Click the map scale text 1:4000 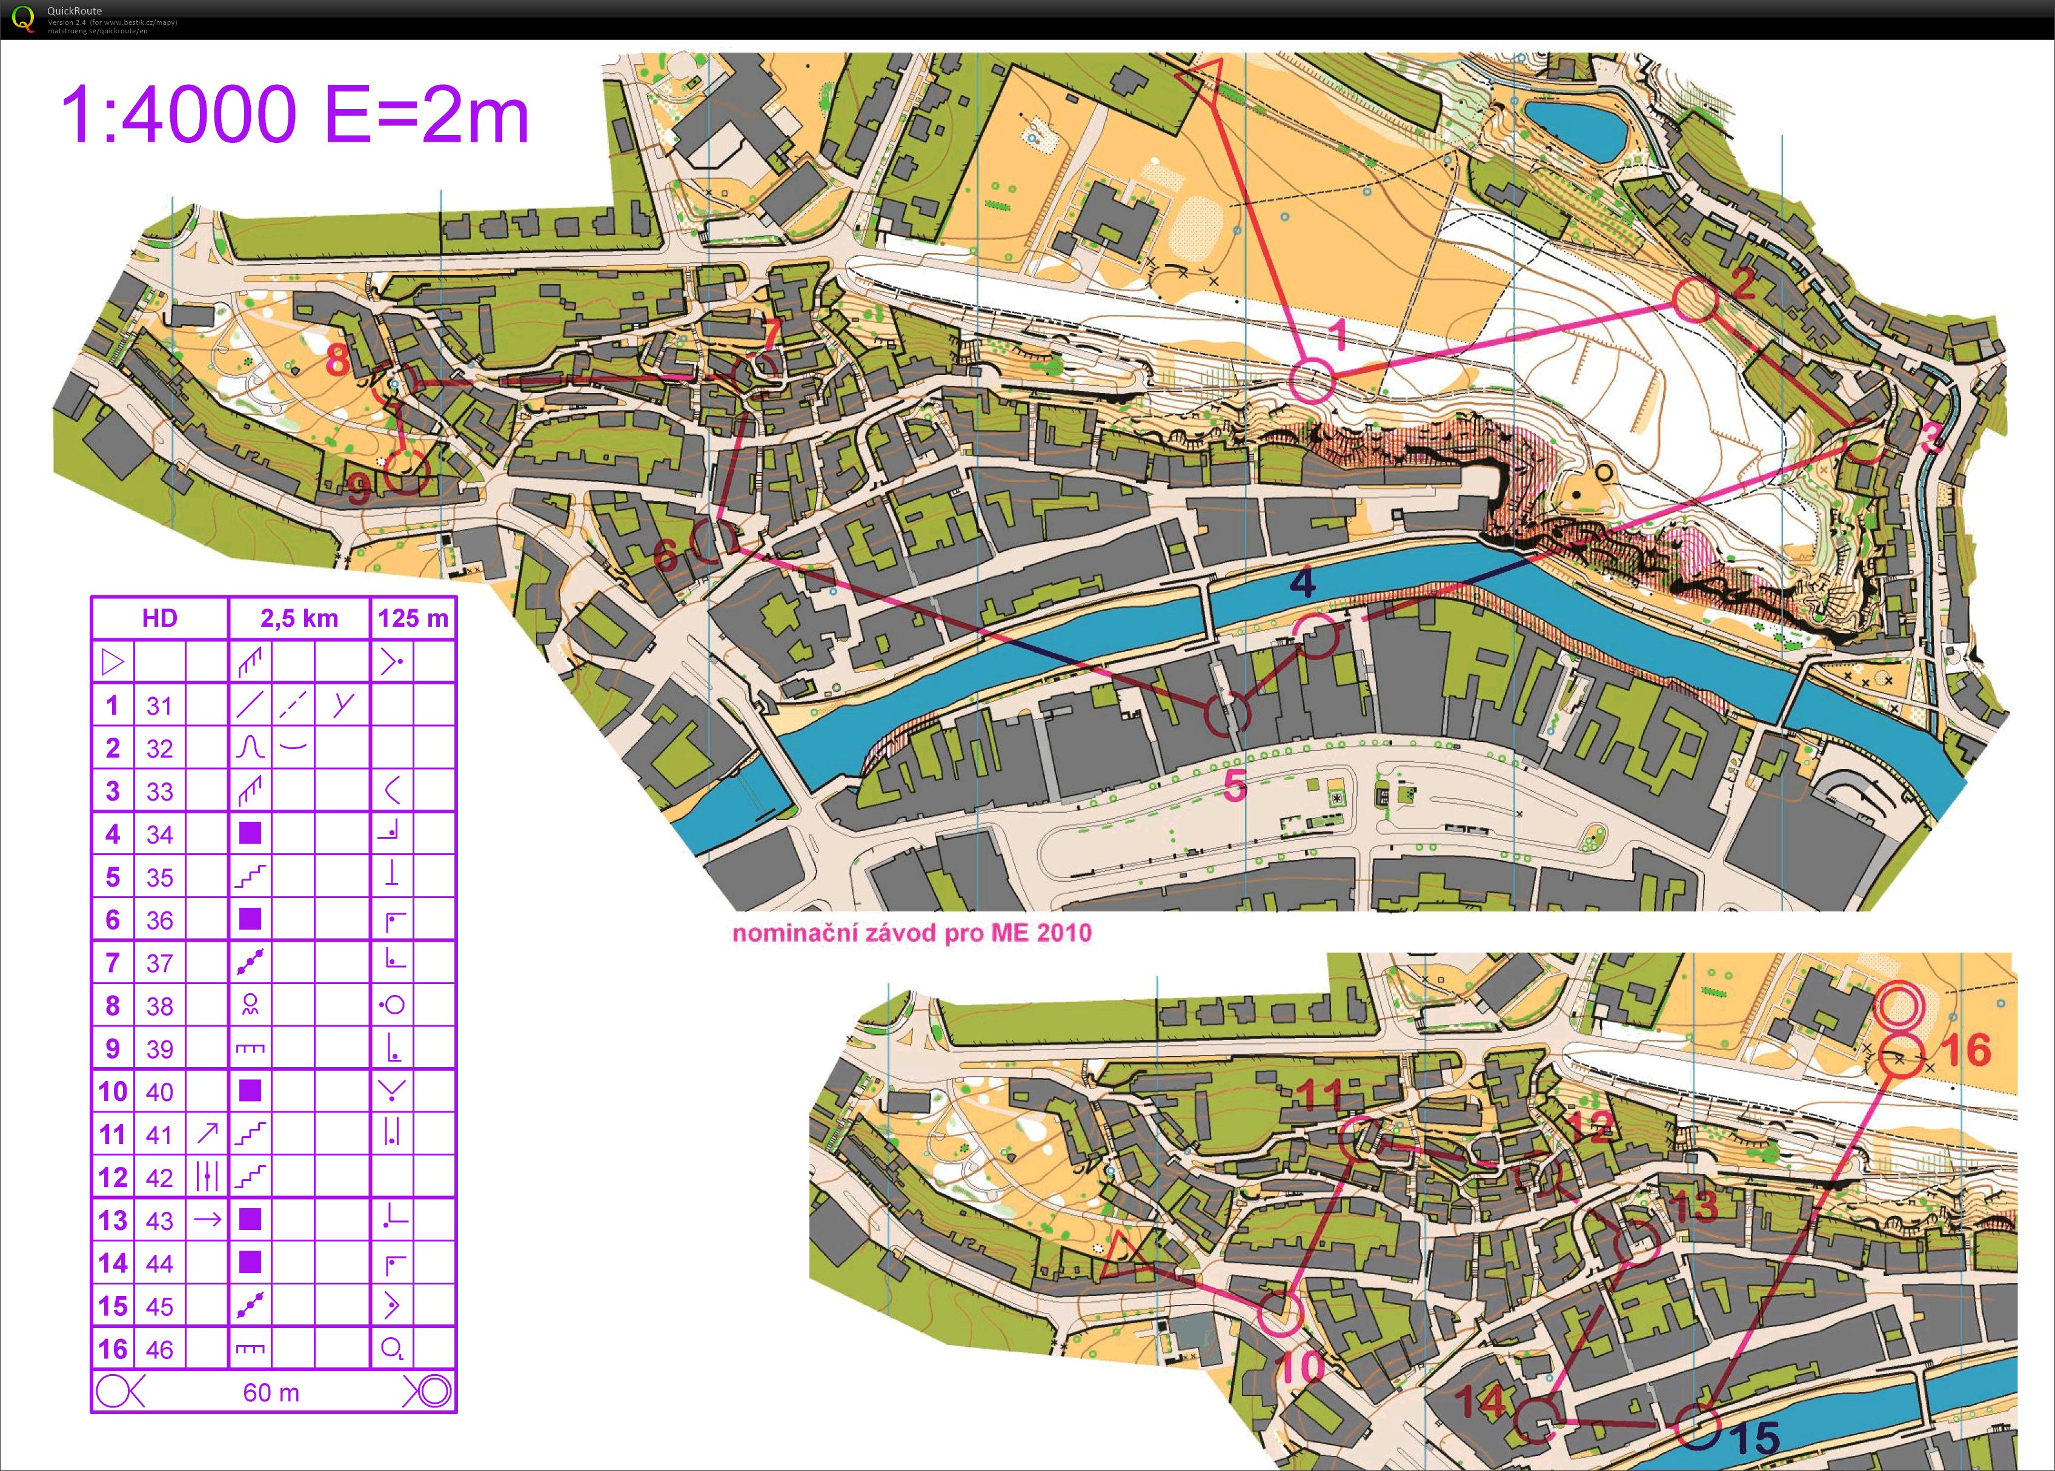[x=179, y=115]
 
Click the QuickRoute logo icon [x=22, y=18]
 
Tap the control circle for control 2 [x=1695, y=300]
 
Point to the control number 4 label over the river [x=1302, y=583]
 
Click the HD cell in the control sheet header [x=159, y=619]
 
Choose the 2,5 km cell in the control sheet [x=299, y=619]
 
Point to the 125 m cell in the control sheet [x=413, y=619]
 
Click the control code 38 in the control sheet [x=159, y=1005]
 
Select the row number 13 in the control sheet [x=112, y=1220]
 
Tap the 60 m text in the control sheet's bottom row [x=271, y=1392]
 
